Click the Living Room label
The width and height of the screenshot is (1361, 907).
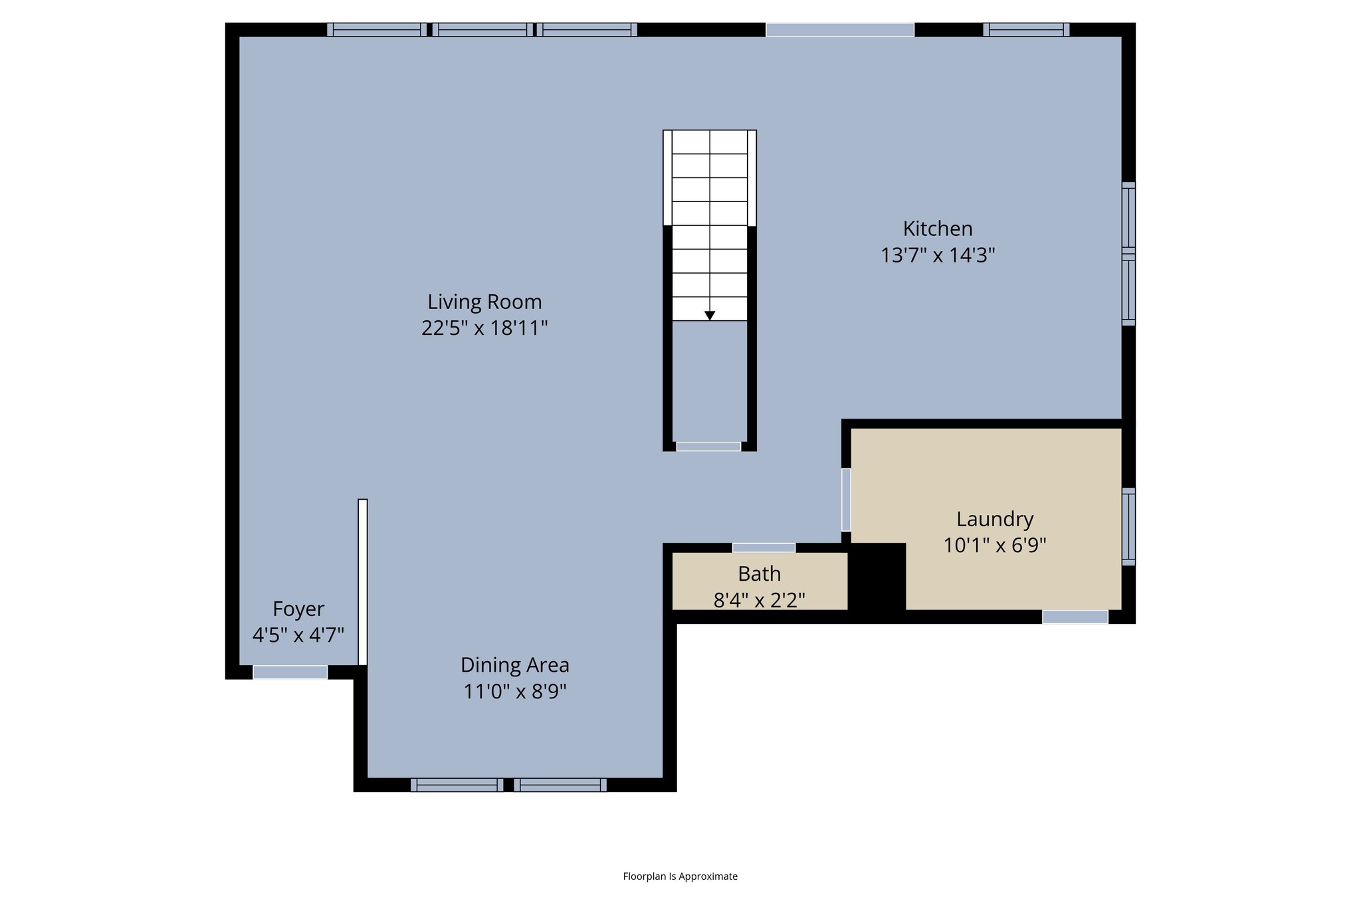tap(484, 302)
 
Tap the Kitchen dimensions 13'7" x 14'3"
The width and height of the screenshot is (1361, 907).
tap(937, 255)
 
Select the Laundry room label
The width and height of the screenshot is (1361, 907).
tap(994, 519)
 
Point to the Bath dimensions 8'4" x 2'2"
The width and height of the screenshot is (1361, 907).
tap(759, 600)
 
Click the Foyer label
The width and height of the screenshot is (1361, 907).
tap(298, 609)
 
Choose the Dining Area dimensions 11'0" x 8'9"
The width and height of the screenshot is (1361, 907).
tap(514, 692)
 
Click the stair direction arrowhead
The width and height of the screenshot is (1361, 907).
tap(710, 316)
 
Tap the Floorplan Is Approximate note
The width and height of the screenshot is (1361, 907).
tap(680, 876)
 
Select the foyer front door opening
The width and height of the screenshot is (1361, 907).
tap(290, 672)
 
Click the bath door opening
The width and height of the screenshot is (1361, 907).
tap(764, 548)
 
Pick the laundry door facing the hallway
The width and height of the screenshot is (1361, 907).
tap(846, 500)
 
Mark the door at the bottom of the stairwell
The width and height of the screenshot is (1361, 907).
tap(708, 447)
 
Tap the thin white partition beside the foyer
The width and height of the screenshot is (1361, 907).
tap(363, 582)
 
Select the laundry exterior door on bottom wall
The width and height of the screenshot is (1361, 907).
tap(1075, 617)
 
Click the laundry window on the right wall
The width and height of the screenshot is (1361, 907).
tap(1128, 526)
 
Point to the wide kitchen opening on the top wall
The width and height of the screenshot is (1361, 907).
tap(840, 30)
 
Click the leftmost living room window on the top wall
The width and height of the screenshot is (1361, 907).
tap(377, 30)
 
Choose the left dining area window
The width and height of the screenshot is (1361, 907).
tap(457, 785)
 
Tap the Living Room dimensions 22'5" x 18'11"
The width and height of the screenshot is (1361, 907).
tap(484, 328)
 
